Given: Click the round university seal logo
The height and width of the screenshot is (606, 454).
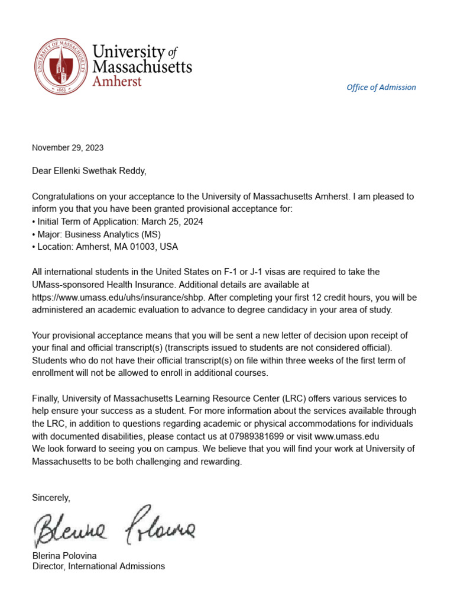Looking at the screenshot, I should [x=60, y=66].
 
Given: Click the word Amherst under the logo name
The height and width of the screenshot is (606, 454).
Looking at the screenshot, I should [x=117, y=81].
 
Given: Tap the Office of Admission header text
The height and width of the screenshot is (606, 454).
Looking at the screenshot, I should [x=381, y=87].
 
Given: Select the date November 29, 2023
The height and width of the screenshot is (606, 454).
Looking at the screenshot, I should [x=67, y=147].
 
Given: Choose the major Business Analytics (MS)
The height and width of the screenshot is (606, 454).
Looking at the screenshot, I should [x=121, y=234].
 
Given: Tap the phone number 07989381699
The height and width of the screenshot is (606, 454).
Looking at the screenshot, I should [x=265, y=436].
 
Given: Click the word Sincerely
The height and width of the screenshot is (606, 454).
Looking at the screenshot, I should [x=51, y=498].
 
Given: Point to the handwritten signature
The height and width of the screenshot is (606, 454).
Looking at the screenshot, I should [x=113, y=526].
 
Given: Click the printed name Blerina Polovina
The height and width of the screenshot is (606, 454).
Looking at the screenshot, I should [x=64, y=556].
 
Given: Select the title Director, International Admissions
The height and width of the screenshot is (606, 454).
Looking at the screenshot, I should [x=98, y=566].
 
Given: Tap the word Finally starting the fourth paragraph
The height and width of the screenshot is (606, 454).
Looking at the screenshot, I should [x=45, y=398].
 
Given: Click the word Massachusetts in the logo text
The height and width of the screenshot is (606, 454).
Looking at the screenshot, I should [x=142, y=66].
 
